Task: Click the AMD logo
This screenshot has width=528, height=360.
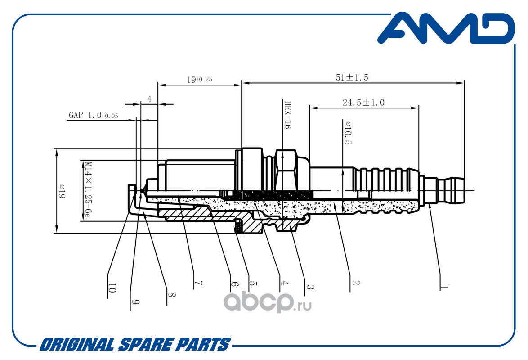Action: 446,29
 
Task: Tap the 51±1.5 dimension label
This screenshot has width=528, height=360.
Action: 352,77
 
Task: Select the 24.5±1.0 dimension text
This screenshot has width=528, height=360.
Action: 363,103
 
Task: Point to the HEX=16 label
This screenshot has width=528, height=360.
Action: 287,115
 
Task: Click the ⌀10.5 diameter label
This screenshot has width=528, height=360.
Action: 348,133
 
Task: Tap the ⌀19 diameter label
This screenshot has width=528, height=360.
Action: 62,191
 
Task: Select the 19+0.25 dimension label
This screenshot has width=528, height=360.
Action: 199,80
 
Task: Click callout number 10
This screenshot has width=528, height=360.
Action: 112,288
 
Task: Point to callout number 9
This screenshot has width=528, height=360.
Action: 135,302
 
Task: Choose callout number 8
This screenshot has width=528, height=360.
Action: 171,295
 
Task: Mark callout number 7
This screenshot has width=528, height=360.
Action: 198,283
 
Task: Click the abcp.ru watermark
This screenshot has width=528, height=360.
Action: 267,302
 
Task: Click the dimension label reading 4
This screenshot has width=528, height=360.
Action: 149,99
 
